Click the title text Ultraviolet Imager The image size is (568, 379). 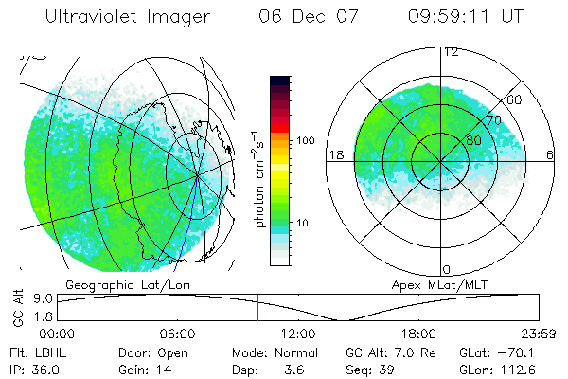coord(132,18)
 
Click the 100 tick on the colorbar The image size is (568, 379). coord(306,140)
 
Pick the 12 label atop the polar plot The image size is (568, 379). coord(450,52)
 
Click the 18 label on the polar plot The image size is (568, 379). coord(335,154)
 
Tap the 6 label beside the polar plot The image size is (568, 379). coord(550,154)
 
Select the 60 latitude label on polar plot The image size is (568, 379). coord(515,99)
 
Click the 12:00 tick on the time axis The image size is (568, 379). coord(298,334)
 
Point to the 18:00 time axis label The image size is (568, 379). coord(418,334)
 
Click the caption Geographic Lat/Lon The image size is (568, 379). coord(121,283)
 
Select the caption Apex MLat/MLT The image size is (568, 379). coord(439,283)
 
